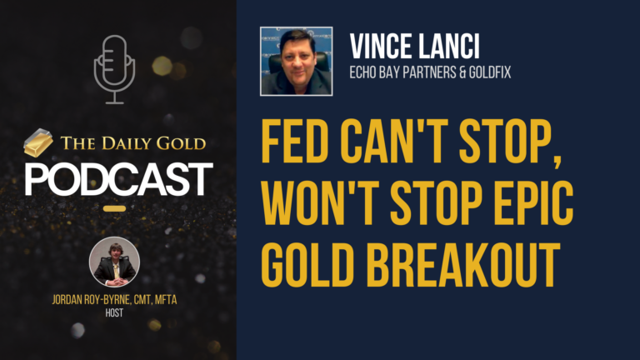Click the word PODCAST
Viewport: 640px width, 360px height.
(117, 178)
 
